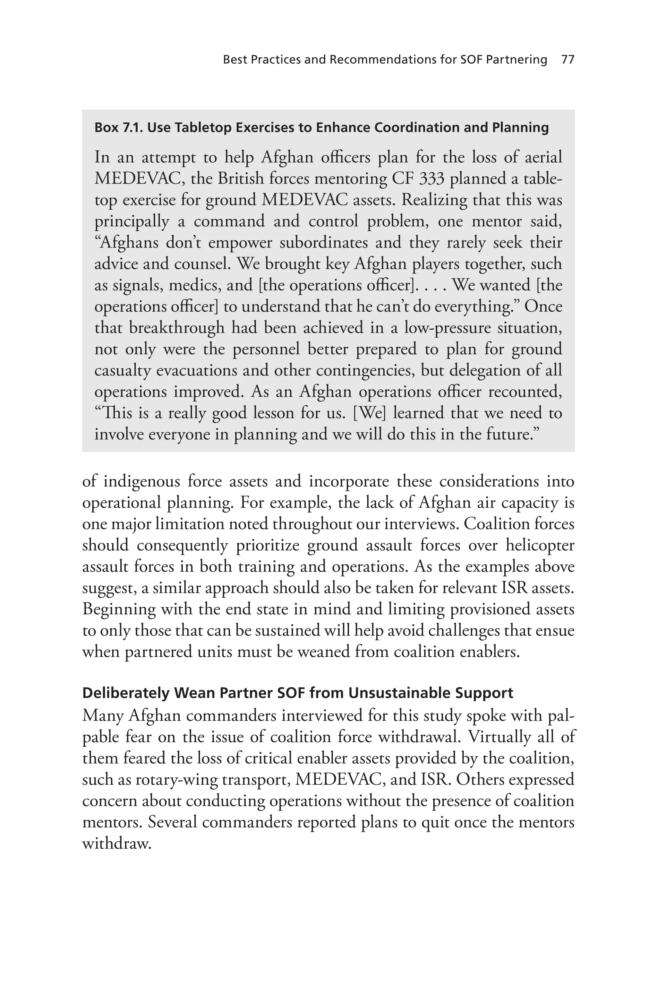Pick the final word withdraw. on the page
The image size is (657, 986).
coord(116,844)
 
